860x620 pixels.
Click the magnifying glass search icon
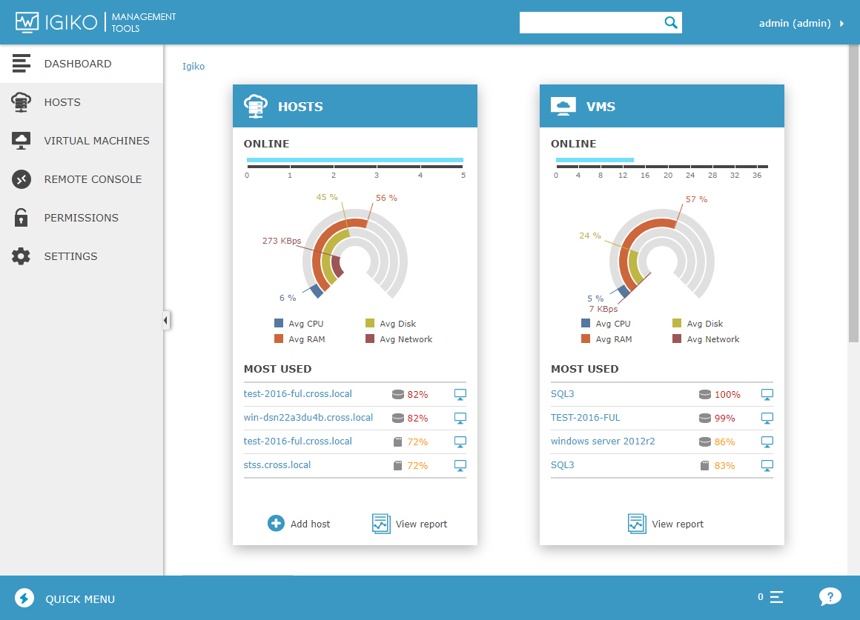pos(671,23)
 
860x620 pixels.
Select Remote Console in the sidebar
pos(93,179)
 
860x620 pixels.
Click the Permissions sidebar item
pos(81,218)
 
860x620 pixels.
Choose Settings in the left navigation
pos(70,256)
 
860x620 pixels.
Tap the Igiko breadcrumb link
pos(193,67)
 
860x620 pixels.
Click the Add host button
pos(300,524)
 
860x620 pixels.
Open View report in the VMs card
pos(666,524)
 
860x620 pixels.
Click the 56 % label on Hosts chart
pos(386,198)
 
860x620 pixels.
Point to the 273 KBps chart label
pos(282,241)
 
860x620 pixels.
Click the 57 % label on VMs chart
pos(696,199)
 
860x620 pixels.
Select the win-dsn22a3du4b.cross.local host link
pos(308,418)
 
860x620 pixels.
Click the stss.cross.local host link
pos(277,465)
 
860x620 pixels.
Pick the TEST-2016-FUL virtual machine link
pos(586,418)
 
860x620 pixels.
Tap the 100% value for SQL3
pos(727,395)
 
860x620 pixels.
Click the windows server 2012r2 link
pos(603,441)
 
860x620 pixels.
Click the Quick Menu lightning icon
pos(24,599)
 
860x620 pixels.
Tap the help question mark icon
pos(830,596)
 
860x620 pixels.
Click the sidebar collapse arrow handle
pos(166,320)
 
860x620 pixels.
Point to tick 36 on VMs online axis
pos(757,176)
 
